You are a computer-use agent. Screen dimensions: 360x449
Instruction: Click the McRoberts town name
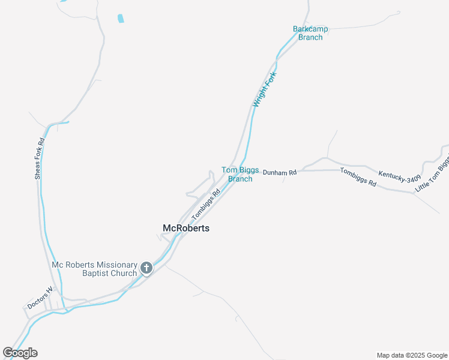pyautogui.click(x=186, y=228)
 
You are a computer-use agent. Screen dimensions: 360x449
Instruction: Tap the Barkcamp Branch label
pyautogui.click(x=307, y=33)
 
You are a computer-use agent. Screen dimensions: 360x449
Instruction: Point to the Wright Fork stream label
pyautogui.click(x=264, y=89)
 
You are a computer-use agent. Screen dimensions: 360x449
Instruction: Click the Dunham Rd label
pyautogui.click(x=280, y=173)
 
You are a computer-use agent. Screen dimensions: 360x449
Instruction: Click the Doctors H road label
pyautogui.click(x=40, y=298)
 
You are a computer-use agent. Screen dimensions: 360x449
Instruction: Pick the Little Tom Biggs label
pyautogui.click(x=433, y=175)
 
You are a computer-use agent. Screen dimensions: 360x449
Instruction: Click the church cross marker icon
pyautogui.click(x=146, y=268)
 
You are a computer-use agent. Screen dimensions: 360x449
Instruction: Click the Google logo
pyautogui.click(x=20, y=353)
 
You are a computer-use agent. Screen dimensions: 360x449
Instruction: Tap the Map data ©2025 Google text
pyautogui.click(x=412, y=355)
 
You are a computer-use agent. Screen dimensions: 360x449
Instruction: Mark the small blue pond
pyautogui.click(x=121, y=18)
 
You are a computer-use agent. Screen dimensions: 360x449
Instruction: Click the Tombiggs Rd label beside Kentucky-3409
pyautogui.click(x=358, y=178)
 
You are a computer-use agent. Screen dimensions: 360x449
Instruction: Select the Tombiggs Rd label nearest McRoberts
pyautogui.click(x=206, y=205)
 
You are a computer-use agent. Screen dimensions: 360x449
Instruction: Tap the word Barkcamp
pyautogui.click(x=308, y=29)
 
